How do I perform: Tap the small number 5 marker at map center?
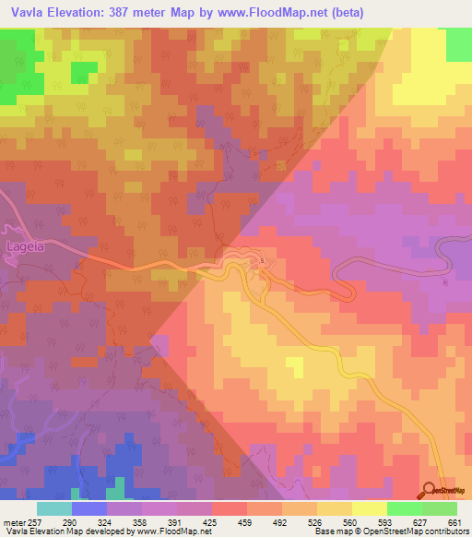coord(262,261)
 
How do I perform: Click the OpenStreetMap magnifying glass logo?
coord(431,491)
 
